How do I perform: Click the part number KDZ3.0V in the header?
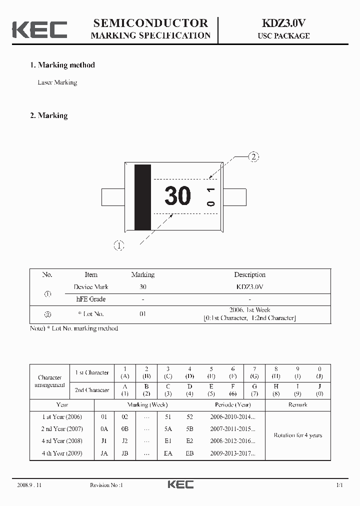pyautogui.click(x=283, y=23)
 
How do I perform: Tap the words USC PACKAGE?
pyautogui.click(x=283, y=36)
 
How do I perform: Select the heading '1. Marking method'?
pyautogui.click(x=62, y=65)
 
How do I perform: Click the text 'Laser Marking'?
pyautogui.click(x=57, y=82)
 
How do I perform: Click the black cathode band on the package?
pyautogui.click(x=142, y=197)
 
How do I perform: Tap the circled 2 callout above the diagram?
pyautogui.click(x=254, y=157)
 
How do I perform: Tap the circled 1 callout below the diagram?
pyautogui.click(x=118, y=245)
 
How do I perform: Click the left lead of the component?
pyautogui.click(x=113, y=197)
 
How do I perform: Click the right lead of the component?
pyautogui.click(x=234, y=197)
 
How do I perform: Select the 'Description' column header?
pyautogui.click(x=249, y=274)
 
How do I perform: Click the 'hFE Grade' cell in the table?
pyautogui.click(x=90, y=299)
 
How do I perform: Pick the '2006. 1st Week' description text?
pyautogui.click(x=249, y=310)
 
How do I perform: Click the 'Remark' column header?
pyautogui.click(x=297, y=404)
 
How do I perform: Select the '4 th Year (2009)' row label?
pyautogui.click(x=62, y=453)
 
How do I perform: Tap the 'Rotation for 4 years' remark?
pyautogui.click(x=297, y=435)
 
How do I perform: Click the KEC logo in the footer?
pyautogui.click(x=180, y=484)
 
